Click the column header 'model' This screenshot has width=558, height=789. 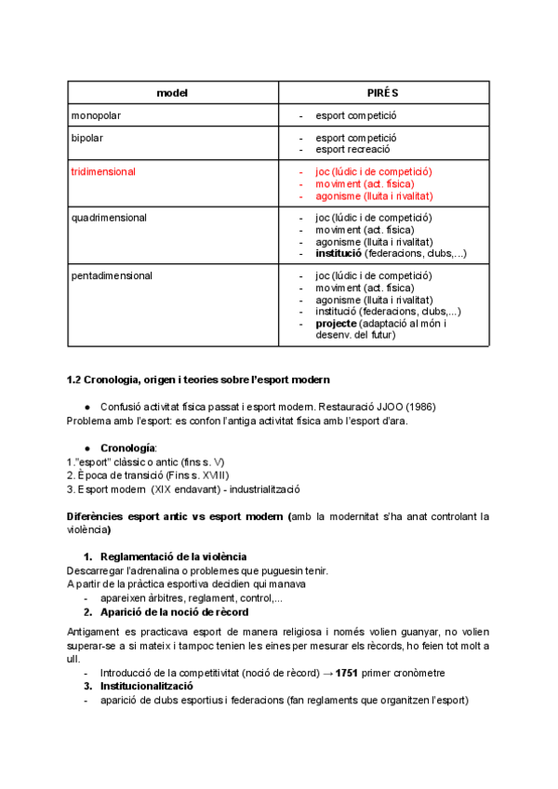(172, 93)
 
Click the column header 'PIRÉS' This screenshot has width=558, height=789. (383, 93)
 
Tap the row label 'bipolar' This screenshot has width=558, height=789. (87, 138)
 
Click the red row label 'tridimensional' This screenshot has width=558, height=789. (103, 172)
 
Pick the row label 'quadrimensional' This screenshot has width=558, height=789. (108, 218)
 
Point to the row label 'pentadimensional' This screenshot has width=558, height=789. (112, 275)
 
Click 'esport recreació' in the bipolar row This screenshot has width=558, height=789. (352, 149)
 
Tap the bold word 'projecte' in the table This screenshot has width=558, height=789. (337, 323)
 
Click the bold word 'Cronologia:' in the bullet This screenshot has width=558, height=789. (128, 448)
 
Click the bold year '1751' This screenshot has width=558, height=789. (346, 673)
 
